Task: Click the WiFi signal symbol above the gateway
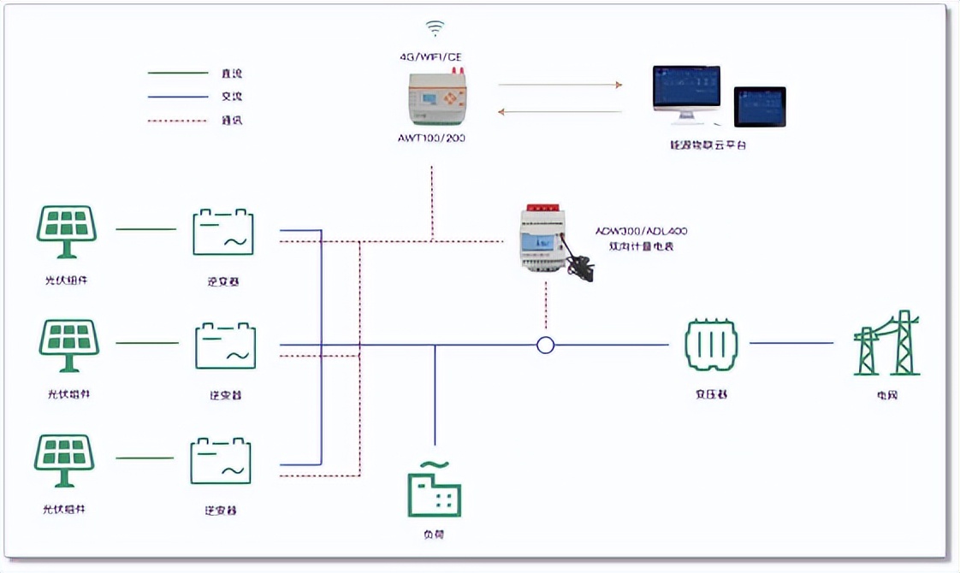436,28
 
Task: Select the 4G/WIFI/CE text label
431,56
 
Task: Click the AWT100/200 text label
431,137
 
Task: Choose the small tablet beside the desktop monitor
759,107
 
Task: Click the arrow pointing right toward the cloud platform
560,85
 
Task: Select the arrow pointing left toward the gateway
560,111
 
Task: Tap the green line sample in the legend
178,73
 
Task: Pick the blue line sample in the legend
178,96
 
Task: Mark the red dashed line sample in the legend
178,121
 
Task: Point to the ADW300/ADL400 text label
642,231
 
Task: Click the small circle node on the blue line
545,345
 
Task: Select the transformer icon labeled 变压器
711,345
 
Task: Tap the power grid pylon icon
886,344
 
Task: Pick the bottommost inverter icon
221,461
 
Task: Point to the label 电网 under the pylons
887,395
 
